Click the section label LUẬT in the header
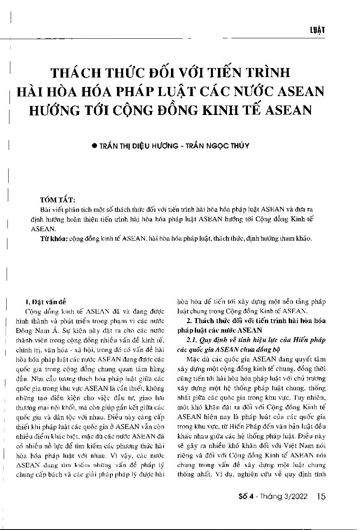(x=317, y=30)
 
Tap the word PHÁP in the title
(x=154, y=91)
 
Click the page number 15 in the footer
(x=321, y=497)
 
